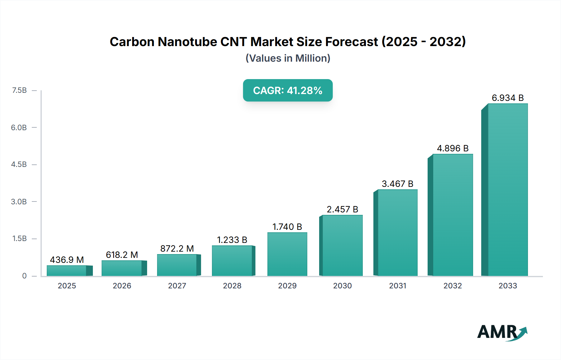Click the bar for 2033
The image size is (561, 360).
click(x=507, y=190)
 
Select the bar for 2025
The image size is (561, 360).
click(x=67, y=271)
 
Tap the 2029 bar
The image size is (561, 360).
click(x=287, y=254)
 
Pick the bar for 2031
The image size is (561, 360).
click(x=397, y=233)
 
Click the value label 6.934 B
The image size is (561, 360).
click(x=507, y=98)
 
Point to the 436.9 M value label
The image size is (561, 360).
click(x=67, y=260)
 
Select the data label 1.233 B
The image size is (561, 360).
click(x=232, y=240)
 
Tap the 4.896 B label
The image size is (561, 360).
click(x=453, y=148)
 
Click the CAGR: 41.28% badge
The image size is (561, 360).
click(x=288, y=90)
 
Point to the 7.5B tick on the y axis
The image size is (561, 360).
click(x=19, y=90)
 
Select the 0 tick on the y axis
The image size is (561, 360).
click(x=24, y=276)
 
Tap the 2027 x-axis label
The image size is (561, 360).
click(x=177, y=286)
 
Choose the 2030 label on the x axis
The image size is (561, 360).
click(x=342, y=286)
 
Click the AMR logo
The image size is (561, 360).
click(x=502, y=332)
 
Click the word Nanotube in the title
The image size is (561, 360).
click(x=187, y=42)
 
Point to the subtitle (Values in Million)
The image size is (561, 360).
click(x=288, y=58)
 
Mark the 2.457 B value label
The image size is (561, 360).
click(x=342, y=209)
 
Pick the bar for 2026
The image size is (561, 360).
click(x=122, y=268)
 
